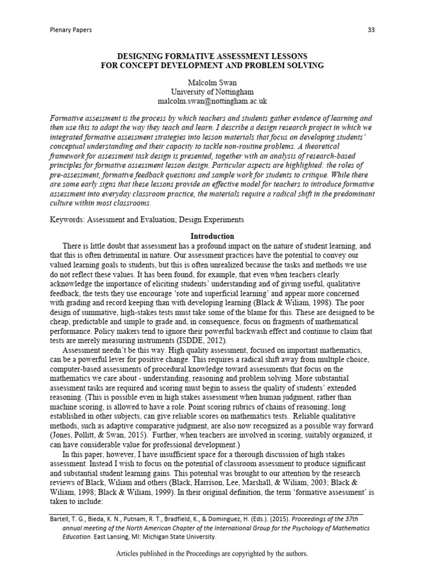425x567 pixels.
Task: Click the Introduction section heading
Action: pos(212,236)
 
